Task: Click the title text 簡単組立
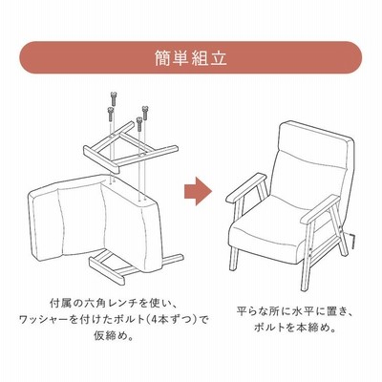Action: (x=191, y=58)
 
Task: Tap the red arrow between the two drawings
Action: (x=198, y=191)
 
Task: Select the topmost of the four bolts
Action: (x=115, y=98)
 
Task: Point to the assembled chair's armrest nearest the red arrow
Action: (x=246, y=188)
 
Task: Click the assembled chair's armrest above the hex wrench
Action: (x=320, y=208)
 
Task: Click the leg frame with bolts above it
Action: (x=131, y=147)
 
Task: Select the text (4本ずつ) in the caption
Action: (x=170, y=319)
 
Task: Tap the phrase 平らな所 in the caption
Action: (x=256, y=311)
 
